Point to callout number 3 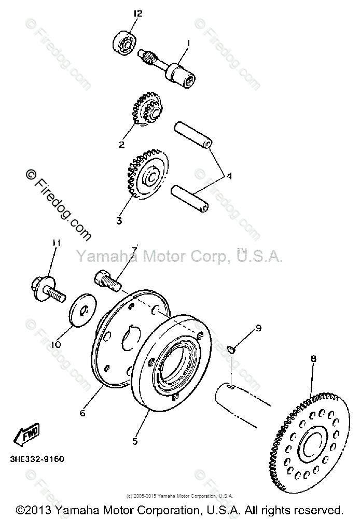coord(119,220)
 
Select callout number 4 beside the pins coord(229,175)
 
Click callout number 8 coord(313,358)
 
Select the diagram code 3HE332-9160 coord(36,459)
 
